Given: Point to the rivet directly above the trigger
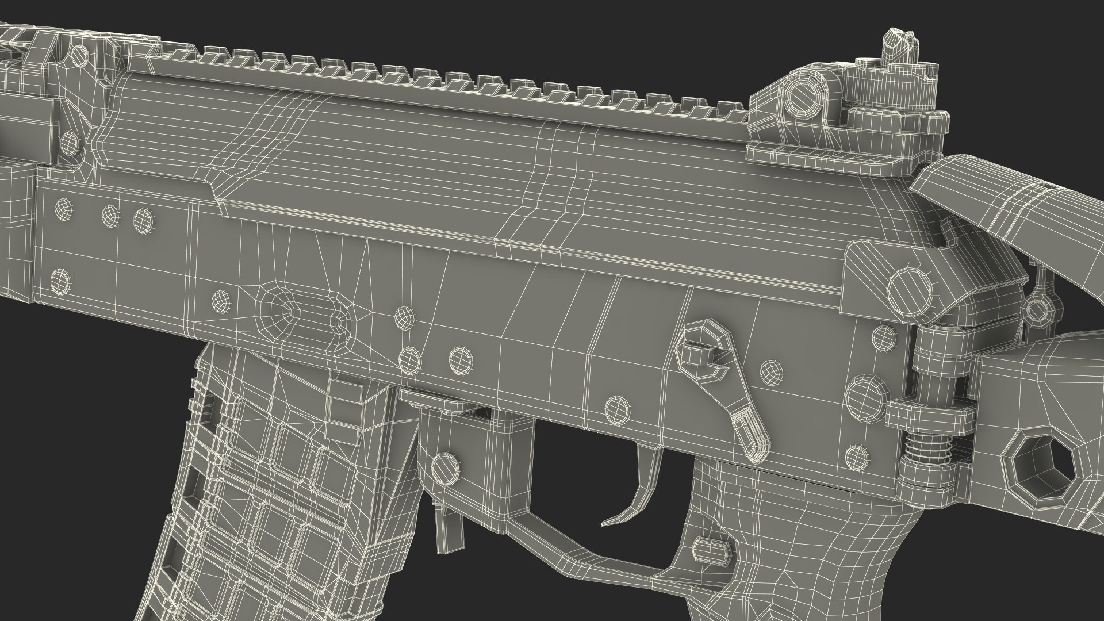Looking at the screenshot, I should pyautogui.click(x=616, y=409).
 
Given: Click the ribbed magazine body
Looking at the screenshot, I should pyautogui.click(x=276, y=489).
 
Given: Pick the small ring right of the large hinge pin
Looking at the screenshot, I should pyautogui.click(x=1035, y=310).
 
